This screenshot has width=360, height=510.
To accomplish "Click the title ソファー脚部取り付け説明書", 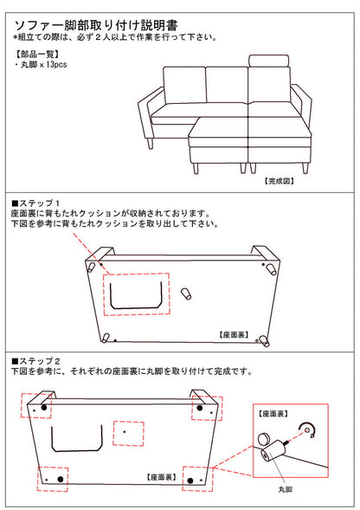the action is (x=96, y=25).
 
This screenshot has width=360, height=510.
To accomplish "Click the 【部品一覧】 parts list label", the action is (x=37, y=54).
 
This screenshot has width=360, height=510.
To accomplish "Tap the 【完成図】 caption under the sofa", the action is (x=279, y=181).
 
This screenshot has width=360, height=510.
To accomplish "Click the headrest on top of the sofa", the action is (x=268, y=61).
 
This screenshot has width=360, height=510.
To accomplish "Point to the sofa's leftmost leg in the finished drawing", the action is (x=151, y=143).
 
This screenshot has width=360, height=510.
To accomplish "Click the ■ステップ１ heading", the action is (x=35, y=203).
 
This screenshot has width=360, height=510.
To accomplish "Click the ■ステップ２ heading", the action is (x=35, y=361).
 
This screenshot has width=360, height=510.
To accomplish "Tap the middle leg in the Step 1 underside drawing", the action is (x=186, y=293).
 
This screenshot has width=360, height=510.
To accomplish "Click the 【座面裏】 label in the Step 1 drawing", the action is (x=235, y=334).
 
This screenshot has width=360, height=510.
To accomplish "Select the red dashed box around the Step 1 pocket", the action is (x=137, y=294).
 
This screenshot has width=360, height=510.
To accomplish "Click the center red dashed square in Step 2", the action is (x=128, y=434).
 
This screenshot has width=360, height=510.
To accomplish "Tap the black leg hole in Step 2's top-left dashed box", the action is (x=44, y=407).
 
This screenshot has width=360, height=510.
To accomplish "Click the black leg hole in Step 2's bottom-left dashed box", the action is (x=61, y=479).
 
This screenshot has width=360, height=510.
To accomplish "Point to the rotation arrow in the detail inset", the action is (x=309, y=430).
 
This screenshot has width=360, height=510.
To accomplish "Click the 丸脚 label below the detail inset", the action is (x=286, y=489).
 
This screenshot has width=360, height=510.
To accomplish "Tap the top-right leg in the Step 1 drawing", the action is (x=270, y=269).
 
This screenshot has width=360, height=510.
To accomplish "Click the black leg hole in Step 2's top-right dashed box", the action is (x=199, y=408).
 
